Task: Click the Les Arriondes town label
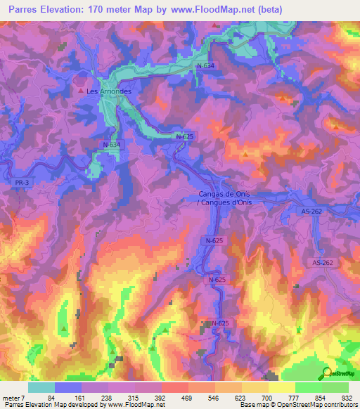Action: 108,91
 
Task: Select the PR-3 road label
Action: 22,182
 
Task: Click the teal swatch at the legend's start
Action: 41,388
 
